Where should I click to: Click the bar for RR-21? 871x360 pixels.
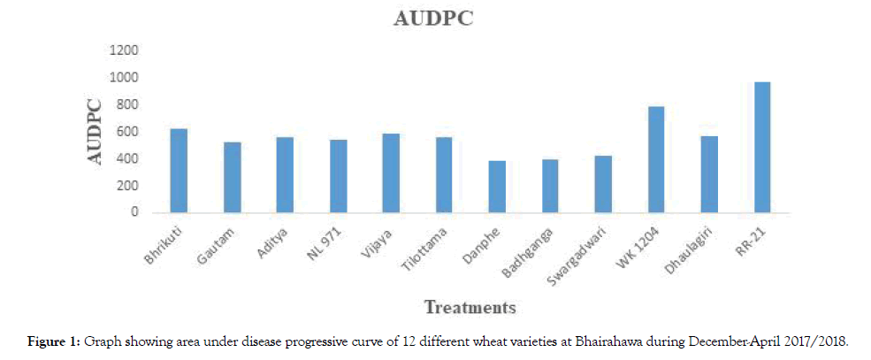[761, 147]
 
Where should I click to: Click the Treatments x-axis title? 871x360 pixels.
[470, 308]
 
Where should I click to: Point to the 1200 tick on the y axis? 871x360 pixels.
[123, 50]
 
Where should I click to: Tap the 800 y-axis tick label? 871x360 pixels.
[126, 104]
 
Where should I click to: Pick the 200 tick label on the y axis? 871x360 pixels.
[126, 186]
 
